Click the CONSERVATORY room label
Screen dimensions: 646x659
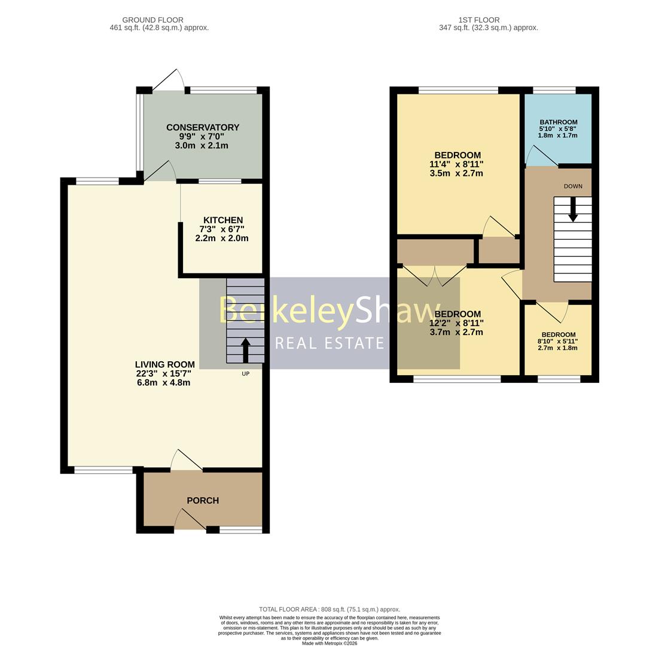202,127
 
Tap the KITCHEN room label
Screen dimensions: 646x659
222,220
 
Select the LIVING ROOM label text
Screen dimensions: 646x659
164,364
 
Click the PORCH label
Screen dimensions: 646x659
203,501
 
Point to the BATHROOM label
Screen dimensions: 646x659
558,122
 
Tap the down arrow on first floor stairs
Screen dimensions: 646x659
572,209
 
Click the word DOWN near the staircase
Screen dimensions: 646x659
572,186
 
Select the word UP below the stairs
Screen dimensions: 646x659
245,374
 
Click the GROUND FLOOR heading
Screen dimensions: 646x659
152,20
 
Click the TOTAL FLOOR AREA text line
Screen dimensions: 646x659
329,610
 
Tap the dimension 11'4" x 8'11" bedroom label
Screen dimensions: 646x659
456,164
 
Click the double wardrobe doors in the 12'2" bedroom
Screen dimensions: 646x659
434,275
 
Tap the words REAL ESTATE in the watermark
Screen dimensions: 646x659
329,343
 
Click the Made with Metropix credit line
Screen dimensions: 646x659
329,643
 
